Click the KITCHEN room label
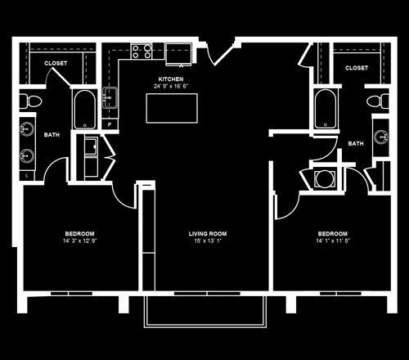171,79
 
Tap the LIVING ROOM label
208,234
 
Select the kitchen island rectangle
172,108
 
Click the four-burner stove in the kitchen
142,52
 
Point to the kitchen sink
110,97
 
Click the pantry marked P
110,124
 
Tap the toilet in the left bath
30,101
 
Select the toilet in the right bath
378,101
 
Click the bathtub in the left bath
84,109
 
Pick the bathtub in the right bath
326,109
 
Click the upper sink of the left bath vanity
27,128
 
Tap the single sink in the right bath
381,137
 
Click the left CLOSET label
56,63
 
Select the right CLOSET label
357,68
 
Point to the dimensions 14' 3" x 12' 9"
80,241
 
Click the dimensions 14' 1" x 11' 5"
333,241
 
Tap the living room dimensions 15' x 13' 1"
208,241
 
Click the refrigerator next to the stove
179,54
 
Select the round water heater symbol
324,179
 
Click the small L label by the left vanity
27,176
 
